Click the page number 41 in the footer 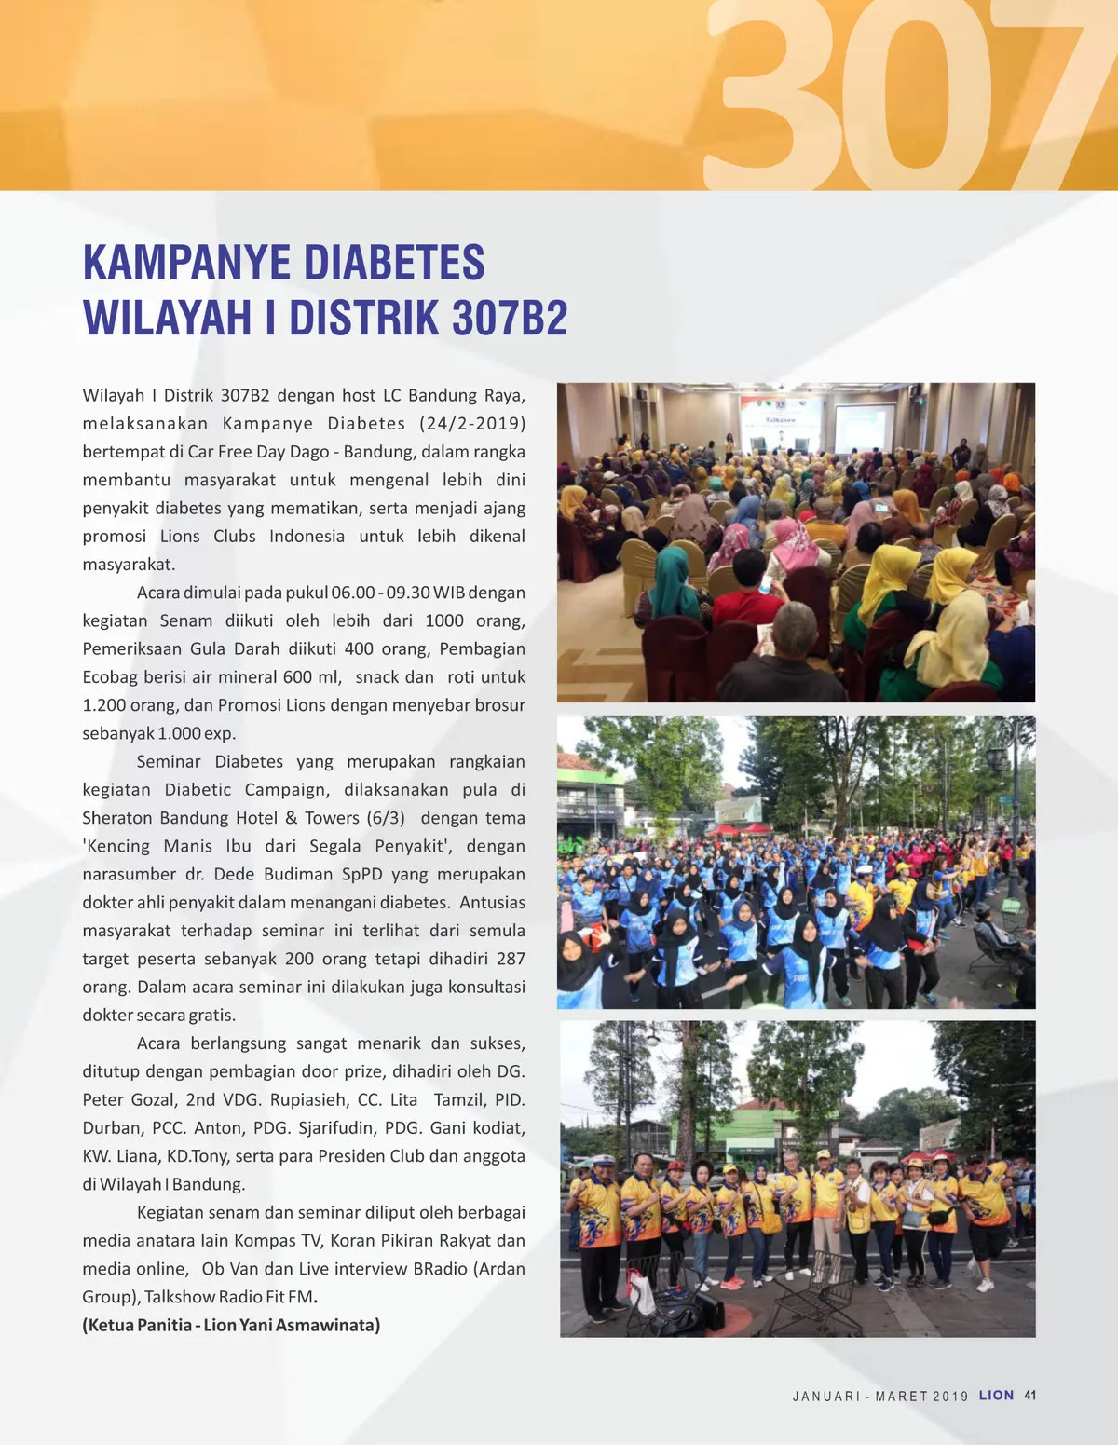coord(1029,1396)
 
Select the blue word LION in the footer coord(996,1396)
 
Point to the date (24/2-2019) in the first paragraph coord(471,424)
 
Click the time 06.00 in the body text coord(353,593)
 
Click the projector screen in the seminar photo coord(864,427)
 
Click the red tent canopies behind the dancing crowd coord(739,828)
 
